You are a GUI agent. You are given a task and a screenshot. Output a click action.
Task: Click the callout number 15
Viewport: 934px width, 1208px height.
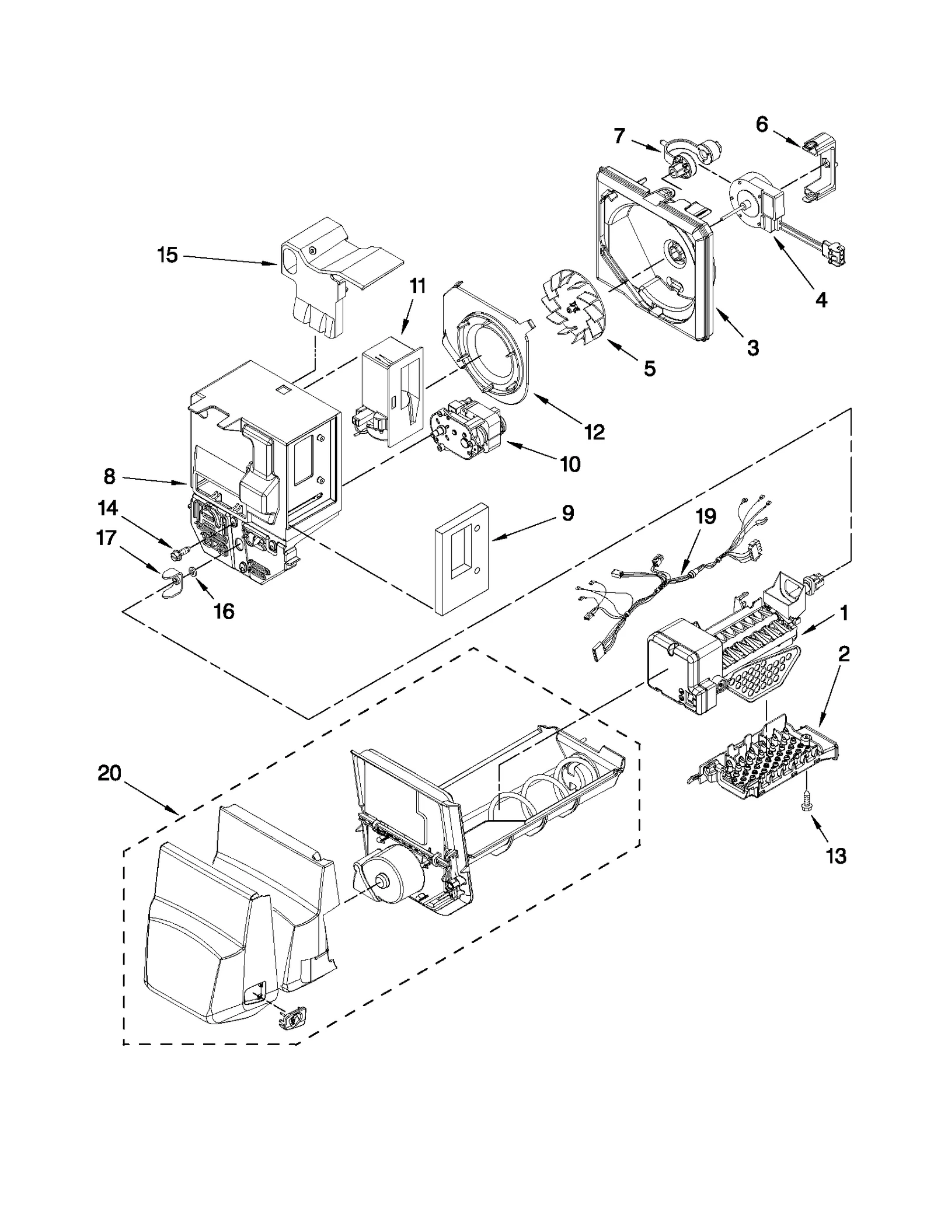tap(168, 255)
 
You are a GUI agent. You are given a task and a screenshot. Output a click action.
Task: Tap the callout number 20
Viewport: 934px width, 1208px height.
tap(110, 774)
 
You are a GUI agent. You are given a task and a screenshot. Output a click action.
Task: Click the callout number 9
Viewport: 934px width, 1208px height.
tap(567, 514)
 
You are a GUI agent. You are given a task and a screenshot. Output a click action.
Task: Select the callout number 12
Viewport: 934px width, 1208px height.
tap(594, 432)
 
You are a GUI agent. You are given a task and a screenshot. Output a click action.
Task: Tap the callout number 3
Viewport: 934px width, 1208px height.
tap(752, 348)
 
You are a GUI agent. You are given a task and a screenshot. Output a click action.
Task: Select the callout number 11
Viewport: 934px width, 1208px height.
tap(417, 286)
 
